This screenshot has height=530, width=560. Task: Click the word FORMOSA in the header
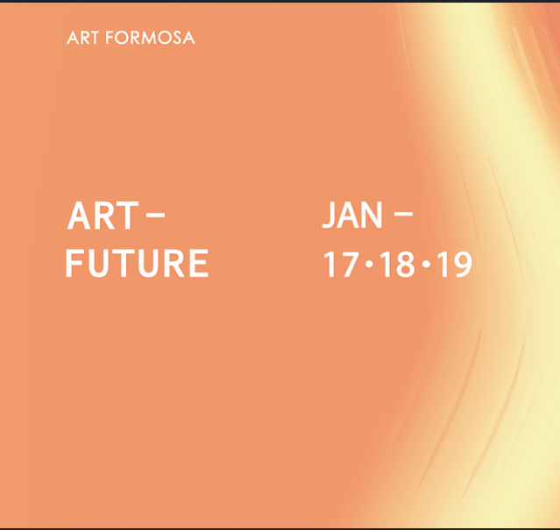click(x=150, y=38)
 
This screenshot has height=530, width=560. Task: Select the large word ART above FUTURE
click(x=103, y=216)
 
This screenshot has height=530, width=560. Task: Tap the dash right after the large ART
click(x=156, y=216)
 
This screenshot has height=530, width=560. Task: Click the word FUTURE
click(x=137, y=264)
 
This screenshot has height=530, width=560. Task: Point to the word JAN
click(x=352, y=215)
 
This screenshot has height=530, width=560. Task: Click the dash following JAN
click(x=403, y=214)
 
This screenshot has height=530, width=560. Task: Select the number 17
click(x=341, y=265)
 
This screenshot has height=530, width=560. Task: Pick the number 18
click(x=398, y=265)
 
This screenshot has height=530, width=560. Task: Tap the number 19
click(x=454, y=265)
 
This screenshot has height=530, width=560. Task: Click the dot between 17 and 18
click(x=370, y=264)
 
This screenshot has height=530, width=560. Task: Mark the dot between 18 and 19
click(x=426, y=264)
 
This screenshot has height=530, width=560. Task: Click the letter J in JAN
click(x=328, y=215)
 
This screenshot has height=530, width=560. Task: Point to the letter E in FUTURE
click(x=199, y=264)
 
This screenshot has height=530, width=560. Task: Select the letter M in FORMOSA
click(x=146, y=38)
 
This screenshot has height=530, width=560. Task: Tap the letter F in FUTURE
click(x=74, y=263)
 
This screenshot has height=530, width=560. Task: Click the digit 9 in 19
click(x=462, y=265)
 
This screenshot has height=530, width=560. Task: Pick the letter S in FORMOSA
click(x=176, y=38)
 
